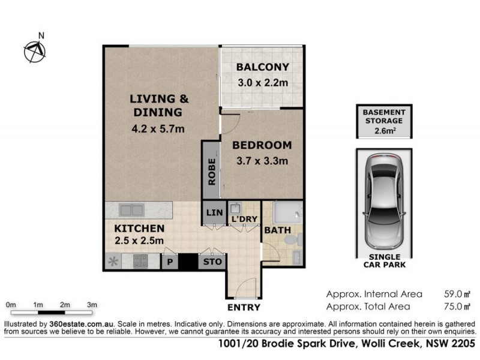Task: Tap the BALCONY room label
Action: (x=262, y=67)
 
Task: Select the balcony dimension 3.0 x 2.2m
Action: (x=262, y=83)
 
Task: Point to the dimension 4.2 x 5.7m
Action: (x=158, y=127)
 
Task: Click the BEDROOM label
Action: (x=262, y=145)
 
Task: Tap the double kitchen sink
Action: (x=131, y=211)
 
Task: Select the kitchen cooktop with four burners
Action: (x=140, y=261)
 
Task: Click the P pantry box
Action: (x=170, y=262)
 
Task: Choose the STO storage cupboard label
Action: (x=212, y=262)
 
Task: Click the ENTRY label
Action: (x=244, y=307)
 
